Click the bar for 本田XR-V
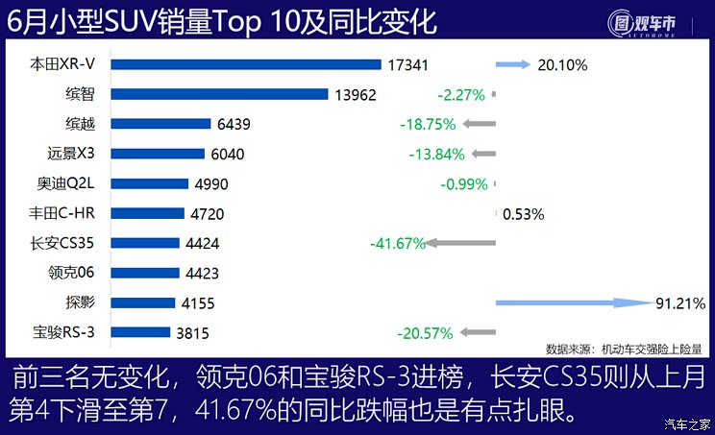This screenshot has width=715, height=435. coord(246,65)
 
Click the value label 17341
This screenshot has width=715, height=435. coord(407,65)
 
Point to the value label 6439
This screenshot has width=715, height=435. coord(235,125)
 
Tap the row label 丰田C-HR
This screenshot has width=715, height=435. coord(66,213)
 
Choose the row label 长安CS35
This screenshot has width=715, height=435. coord(66,243)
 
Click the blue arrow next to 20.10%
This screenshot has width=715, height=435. coord(512,65)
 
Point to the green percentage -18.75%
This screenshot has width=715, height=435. coord(430,125)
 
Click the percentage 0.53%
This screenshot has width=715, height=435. coord(524,214)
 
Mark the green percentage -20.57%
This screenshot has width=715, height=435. coord(424,333)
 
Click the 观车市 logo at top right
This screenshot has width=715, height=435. coord(646,21)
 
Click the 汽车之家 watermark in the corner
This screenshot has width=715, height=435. coord(687,423)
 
